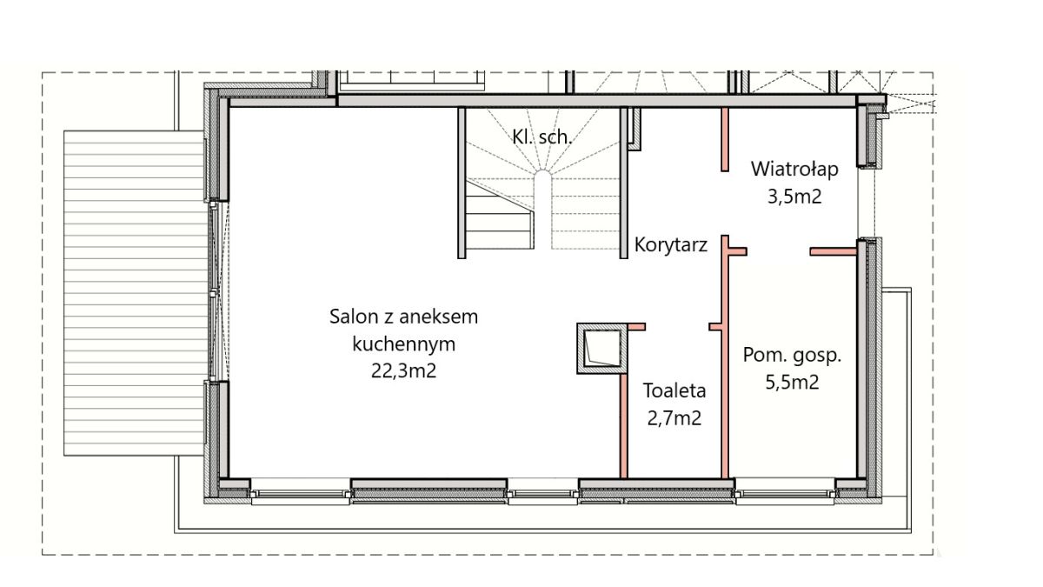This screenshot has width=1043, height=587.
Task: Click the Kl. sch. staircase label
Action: point(541,137)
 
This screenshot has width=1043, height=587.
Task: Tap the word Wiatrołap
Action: point(794,169)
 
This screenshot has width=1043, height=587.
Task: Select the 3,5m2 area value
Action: point(794,197)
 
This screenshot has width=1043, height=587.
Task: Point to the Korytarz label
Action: point(670,245)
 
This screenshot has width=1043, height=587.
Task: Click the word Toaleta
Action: point(674,390)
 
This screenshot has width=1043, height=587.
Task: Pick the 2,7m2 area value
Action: point(674,418)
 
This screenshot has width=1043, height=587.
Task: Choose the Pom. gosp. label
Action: point(792,356)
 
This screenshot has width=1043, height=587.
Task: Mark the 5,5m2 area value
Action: point(792,383)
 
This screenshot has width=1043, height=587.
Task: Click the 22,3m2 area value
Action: point(403,371)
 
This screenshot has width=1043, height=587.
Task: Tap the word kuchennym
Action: point(403,344)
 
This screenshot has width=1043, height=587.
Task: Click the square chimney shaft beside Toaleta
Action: point(602,349)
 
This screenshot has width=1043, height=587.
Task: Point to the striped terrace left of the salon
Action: point(134,293)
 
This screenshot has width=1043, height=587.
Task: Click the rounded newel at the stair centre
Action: point(542,179)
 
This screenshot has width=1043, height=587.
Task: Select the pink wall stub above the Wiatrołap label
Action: point(725,139)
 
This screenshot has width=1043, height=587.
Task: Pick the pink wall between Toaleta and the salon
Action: point(624,426)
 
